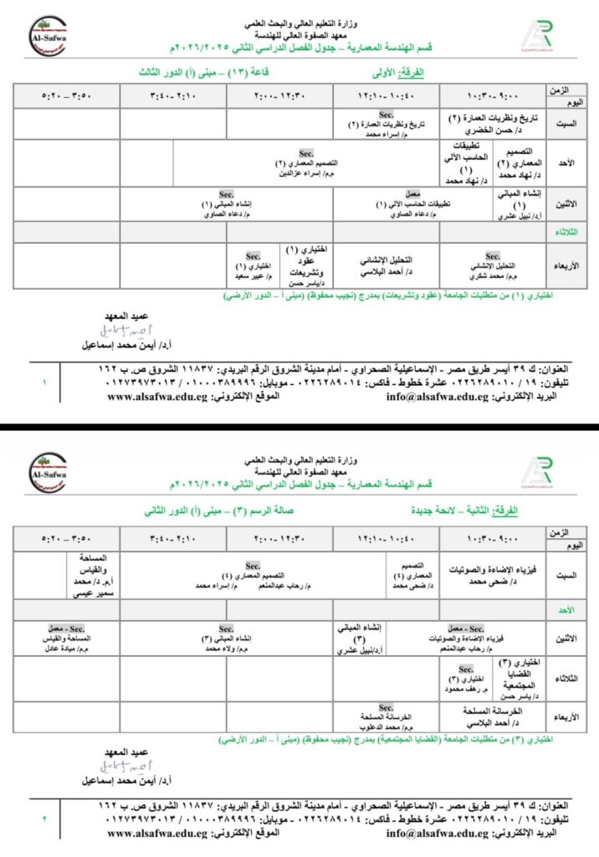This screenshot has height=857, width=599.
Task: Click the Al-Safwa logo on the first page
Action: coord(48,35)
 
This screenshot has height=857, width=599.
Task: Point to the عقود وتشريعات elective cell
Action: coord(306,264)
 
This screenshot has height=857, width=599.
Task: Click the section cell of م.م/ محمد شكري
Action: coord(493,264)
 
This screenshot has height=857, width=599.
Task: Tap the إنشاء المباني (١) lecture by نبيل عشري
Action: coord(519,203)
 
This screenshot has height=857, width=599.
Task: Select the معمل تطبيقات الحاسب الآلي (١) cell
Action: coord(387,203)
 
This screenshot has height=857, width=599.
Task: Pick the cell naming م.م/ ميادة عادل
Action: coord(67,639)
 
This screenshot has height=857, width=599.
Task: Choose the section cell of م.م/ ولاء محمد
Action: coord(227,639)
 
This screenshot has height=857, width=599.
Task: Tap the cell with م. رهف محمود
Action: coord(466,677)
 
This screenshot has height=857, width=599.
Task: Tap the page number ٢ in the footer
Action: coord(44,818)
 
